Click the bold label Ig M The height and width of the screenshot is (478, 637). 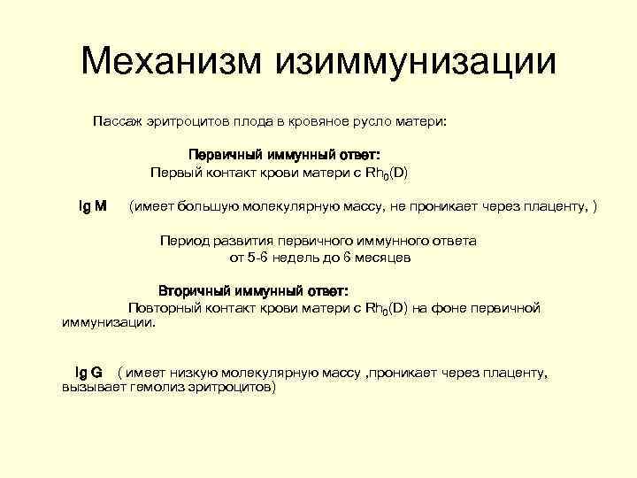tap(93, 206)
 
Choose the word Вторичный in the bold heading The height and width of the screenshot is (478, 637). tap(196, 290)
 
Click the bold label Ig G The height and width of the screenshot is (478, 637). tap(88, 373)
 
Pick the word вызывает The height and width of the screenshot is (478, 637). tap(90, 388)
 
